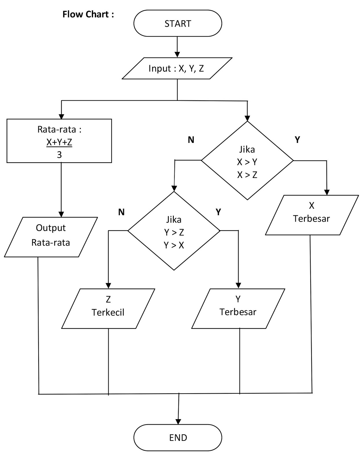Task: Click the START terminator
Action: click(178, 23)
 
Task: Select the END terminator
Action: click(178, 437)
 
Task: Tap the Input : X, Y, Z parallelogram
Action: click(177, 68)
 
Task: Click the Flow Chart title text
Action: click(88, 14)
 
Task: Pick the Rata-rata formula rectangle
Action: click(59, 141)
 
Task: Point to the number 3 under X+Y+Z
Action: click(59, 155)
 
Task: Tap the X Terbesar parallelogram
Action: click(312, 215)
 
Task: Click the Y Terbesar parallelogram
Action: click(238, 308)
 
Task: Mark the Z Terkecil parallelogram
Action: click(108, 308)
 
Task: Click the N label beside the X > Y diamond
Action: click(191, 140)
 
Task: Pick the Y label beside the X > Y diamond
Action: click(297, 140)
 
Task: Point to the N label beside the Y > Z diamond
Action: click(121, 212)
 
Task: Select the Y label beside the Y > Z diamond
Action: click(218, 212)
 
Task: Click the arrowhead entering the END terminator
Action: click(178, 421)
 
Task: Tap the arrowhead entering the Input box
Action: click(177, 55)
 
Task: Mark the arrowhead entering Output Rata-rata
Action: click(61, 214)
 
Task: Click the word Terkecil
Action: click(108, 313)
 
